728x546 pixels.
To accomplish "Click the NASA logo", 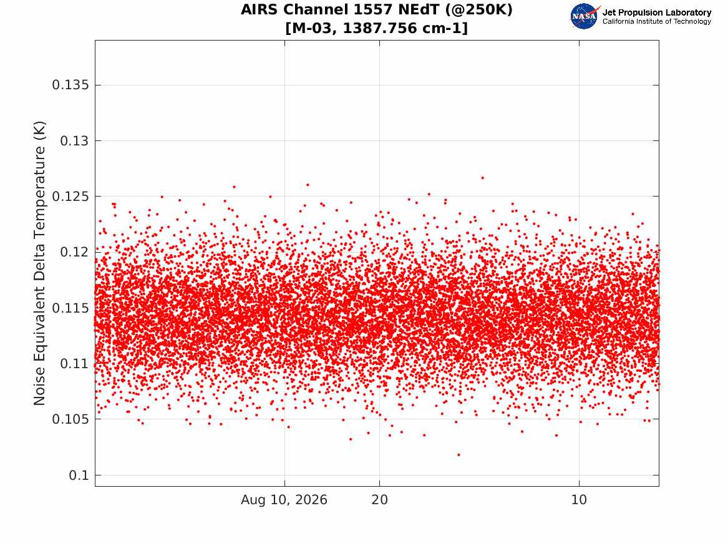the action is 585,16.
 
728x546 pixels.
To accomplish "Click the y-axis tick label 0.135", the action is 70,85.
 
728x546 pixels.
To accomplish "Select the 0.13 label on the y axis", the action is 74,140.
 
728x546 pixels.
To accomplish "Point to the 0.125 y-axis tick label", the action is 70,197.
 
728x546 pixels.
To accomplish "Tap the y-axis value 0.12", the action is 74,252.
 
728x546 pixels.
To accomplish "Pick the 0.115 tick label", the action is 70,308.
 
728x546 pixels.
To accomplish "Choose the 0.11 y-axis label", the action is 74,364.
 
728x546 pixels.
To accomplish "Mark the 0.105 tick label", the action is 70,419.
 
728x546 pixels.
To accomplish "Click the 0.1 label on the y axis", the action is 79,475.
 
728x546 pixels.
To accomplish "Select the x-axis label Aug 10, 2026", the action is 284,500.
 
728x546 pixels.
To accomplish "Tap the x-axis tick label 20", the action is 379,500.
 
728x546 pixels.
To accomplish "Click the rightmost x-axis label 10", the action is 579,500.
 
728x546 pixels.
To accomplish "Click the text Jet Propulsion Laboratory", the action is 656,12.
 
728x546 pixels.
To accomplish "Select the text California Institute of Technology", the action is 656,21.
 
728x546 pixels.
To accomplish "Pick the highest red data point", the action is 482,178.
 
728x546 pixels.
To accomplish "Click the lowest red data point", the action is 459,454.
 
